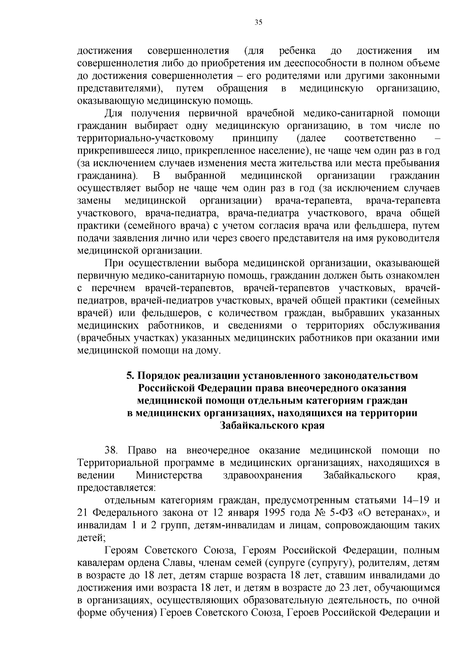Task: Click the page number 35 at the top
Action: [x=258, y=22]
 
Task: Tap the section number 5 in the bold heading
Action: [x=130, y=375]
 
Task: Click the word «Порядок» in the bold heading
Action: [x=157, y=375]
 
